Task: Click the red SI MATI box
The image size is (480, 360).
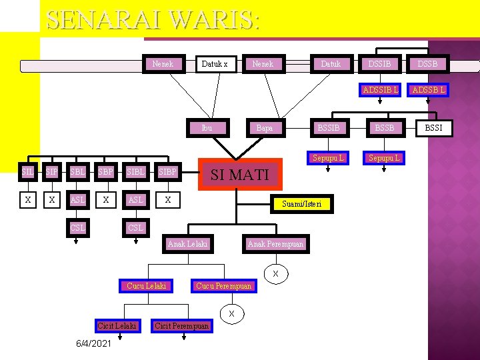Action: [x=240, y=175]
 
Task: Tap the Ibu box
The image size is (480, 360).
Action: [x=207, y=128]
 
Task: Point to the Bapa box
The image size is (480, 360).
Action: [x=265, y=128]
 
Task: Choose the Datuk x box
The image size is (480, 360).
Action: [x=215, y=64]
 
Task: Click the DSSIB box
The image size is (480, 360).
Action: [x=379, y=64]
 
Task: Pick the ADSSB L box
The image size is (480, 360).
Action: [x=429, y=89]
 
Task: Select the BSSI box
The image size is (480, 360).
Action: [x=434, y=127]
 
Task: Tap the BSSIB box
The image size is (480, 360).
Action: [x=328, y=127]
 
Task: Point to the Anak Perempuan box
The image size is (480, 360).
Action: [x=275, y=244]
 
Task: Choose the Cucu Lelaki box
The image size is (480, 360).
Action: [x=146, y=286]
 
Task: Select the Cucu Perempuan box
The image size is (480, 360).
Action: [x=223, y=286]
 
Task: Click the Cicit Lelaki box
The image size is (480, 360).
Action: [x=117, y=325]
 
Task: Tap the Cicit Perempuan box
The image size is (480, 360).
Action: [x=181, y=325]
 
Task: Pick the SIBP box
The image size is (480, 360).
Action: [x=167, y=172]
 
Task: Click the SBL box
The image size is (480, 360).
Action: [x=77, y=172]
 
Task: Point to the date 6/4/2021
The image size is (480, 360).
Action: [x=93, y=343]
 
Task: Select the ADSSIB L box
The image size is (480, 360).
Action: [x=379, y=89]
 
